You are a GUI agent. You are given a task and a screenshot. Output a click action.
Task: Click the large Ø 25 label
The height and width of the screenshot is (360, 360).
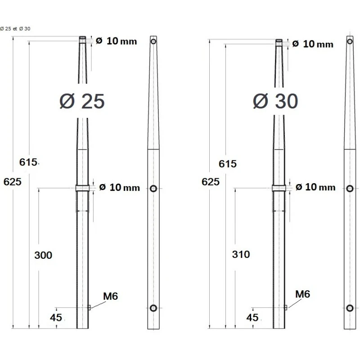(x=82, y=102)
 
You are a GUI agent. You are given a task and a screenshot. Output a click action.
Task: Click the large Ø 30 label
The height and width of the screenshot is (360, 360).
(x=275, y=102)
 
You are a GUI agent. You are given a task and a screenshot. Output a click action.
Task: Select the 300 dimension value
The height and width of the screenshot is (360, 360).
(x=43, y=255)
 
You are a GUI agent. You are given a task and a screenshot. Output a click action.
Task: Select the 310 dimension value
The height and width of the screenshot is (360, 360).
(x=241, y=254)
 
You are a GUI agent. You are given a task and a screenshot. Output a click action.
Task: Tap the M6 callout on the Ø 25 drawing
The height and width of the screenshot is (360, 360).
(x=110, y=296)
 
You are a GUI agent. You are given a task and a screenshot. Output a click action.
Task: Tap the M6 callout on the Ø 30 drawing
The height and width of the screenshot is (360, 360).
(x=303, y=294)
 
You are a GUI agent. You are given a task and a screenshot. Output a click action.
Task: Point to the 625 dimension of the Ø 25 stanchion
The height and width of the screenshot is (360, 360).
(x=12, y=182)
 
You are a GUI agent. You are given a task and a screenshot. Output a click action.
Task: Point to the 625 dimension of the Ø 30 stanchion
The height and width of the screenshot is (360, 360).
(x=211, y=182)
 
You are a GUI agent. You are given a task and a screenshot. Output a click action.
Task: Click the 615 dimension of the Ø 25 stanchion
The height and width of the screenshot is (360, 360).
(x=28, y=162)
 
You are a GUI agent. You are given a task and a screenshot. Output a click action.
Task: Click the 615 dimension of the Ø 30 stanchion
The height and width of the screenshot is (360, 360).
(x=227, y=164)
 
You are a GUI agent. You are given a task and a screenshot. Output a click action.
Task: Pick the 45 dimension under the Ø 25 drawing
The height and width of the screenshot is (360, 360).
(x=56, y=317)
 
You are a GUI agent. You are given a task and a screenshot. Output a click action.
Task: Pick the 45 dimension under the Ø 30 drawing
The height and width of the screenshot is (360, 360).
(x=252, y=317)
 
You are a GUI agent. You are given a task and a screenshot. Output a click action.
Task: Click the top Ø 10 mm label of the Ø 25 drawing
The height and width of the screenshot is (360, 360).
(x=116, y=41)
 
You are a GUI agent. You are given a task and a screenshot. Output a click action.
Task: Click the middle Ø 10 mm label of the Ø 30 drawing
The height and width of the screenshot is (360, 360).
(x=315, y=187)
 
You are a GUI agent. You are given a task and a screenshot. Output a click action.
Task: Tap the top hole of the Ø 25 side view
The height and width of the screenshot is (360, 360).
(x=153, y=41)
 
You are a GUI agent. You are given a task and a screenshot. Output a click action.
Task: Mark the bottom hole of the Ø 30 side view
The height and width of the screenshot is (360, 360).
(x=350, y=308)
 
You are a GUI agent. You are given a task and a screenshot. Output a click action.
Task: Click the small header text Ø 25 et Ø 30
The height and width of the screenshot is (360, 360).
(x=15, y=29)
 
